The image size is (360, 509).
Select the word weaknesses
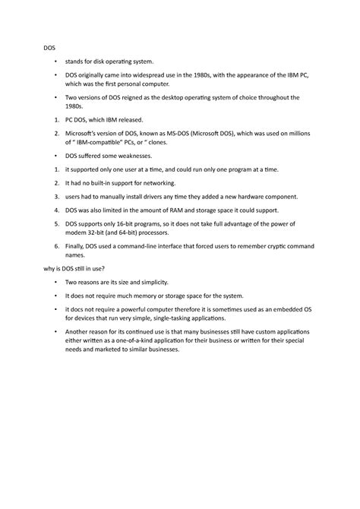[x=133, y=154]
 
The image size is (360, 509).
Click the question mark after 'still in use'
[x=104, y=268]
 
